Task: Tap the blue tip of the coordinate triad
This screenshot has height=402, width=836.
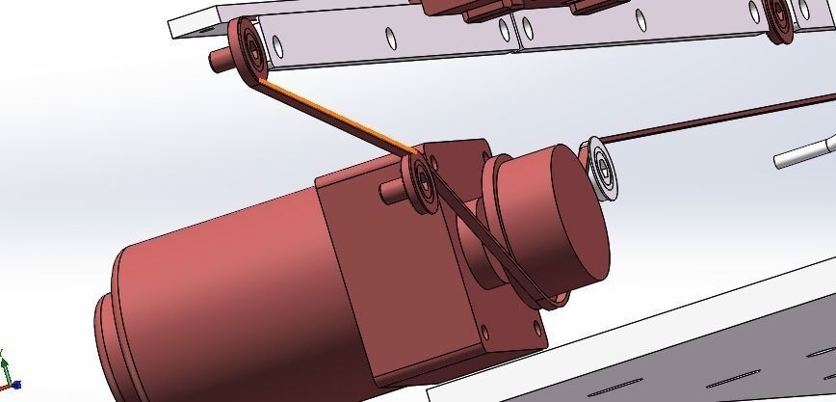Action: coord(16,385)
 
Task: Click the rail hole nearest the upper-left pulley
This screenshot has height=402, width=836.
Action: coord(277,43)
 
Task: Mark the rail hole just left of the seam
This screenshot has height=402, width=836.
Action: coord(503,32)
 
